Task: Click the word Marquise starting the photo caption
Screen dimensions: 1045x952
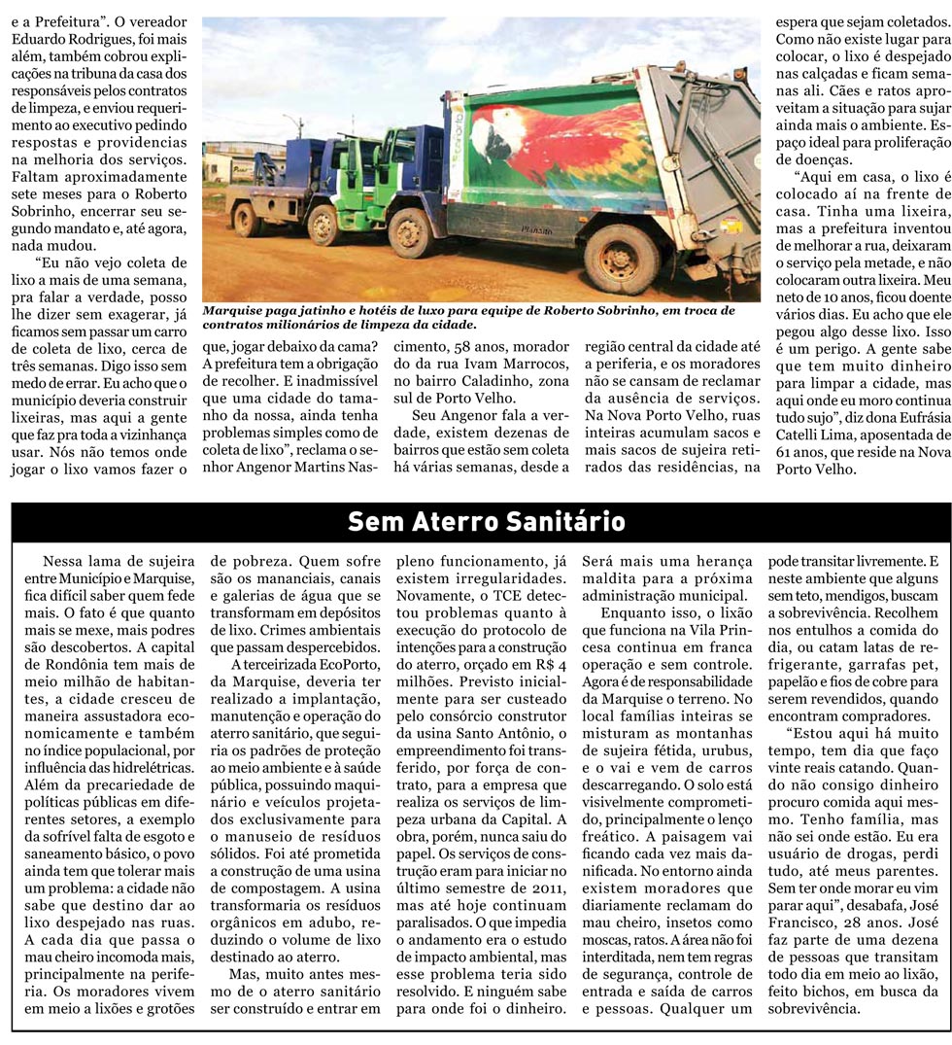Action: coord(234,311)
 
